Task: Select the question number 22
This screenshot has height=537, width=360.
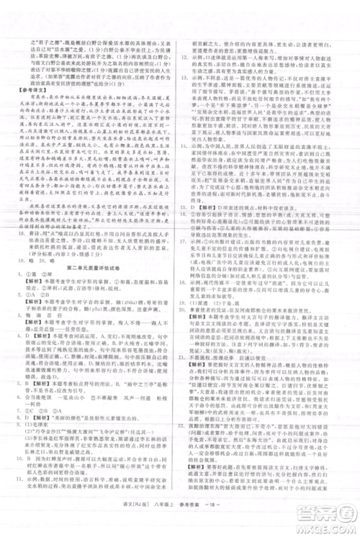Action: (x=186, y=407)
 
